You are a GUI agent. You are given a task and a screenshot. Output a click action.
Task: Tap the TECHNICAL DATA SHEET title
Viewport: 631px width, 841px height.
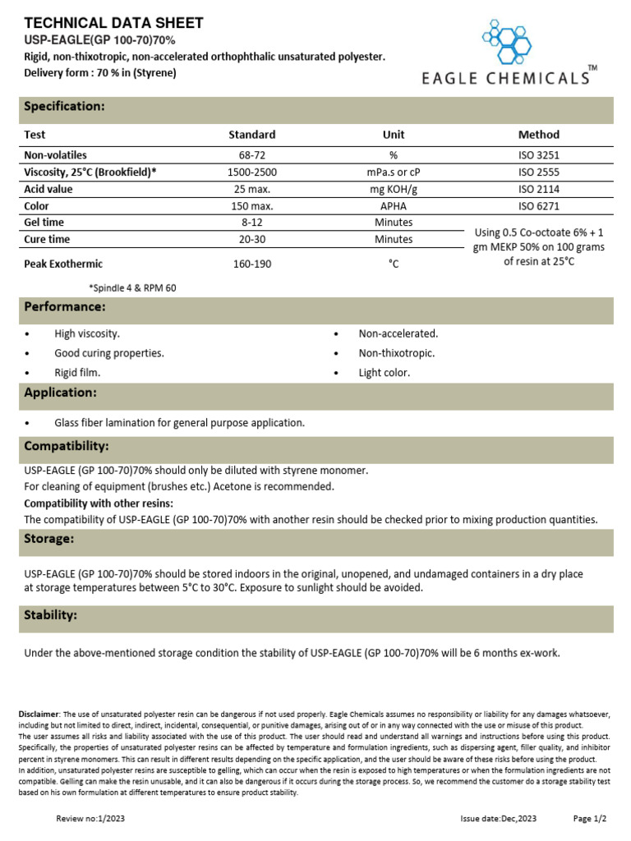point(114,23)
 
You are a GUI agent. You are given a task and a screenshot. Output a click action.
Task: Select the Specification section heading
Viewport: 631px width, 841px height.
point(64,107)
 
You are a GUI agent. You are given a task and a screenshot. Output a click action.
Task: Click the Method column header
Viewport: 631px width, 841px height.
point(538,135)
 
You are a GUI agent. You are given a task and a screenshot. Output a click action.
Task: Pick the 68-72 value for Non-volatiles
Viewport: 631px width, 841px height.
point(251,155)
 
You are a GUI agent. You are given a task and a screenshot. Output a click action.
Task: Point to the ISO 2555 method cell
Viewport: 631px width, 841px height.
point(538,172)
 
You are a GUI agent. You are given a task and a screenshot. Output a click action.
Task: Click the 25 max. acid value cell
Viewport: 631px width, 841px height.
point(251,189)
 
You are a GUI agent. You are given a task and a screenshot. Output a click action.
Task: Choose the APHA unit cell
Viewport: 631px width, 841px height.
point(394,206)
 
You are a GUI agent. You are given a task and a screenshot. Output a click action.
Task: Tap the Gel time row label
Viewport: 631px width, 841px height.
point(44,223)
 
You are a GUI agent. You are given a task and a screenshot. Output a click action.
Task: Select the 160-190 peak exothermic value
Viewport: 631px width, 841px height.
point(251,264)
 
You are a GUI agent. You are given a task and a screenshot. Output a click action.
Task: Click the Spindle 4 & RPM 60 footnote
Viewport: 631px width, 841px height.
point(132,288)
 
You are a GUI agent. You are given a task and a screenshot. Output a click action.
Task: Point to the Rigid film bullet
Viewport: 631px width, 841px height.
point(78,372)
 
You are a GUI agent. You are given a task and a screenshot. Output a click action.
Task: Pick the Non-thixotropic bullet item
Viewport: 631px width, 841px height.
point(397,353)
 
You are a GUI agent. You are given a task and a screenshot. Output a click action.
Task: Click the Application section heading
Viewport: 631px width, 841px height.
point(61,393)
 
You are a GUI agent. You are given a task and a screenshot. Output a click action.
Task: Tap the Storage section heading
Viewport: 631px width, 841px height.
point(49,539)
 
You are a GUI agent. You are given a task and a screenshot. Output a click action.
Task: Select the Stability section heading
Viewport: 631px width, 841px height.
point(51,615)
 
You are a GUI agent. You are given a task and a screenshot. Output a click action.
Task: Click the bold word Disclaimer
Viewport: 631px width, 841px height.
point(39,715)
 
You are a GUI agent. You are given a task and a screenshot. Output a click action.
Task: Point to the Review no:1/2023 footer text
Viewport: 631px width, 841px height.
point(90,819)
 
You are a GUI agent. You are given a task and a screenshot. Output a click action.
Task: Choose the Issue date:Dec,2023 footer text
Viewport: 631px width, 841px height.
point(499,819)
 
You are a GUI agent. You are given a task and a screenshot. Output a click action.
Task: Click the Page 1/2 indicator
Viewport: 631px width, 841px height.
point(589,819)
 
